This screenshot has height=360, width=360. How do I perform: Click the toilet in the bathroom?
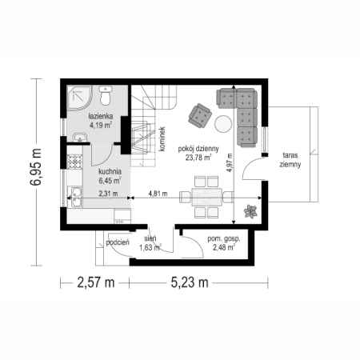(106, 95)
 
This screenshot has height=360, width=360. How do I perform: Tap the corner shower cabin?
(79, 98)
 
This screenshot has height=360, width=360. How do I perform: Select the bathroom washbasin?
(80, 138)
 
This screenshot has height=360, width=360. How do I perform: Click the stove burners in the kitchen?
(74, 162)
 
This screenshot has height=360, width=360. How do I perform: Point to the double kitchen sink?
(75, 197)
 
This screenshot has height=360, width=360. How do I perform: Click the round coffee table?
(223, 123)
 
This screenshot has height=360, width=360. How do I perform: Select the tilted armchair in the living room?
(200, 115)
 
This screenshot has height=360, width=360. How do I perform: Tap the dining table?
(206, 197)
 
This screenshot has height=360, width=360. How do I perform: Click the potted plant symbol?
(250, 211)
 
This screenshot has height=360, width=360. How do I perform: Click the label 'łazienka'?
(101, 116)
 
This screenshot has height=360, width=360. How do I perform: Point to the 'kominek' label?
(162, 139)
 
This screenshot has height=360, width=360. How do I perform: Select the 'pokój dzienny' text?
(198, 149)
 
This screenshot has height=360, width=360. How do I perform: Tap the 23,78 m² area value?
(198, 158)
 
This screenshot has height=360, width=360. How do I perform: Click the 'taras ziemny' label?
(290, 160)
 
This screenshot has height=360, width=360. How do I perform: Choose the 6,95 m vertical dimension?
(36, 166)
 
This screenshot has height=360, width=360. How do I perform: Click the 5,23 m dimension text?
(190, 282)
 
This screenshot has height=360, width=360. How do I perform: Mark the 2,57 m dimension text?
(96, 282)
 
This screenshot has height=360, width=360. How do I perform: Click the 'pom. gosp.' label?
(224, 238)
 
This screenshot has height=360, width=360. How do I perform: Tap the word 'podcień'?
(118, 242)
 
